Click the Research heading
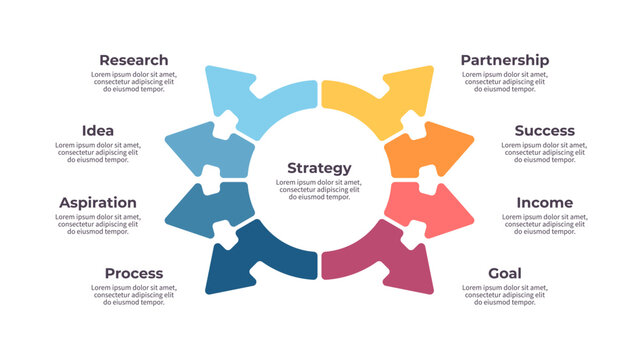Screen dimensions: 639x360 point(134,60)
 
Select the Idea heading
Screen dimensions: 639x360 point(98,131)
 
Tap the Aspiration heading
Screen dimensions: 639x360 point(98,203)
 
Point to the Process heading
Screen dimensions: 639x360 point(134,274)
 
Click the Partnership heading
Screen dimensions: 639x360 point(505,60)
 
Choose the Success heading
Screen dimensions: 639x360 point(544,131)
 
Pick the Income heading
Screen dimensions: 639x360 point(544,203)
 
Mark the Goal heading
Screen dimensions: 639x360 point(505,274)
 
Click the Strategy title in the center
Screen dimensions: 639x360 point(319,168)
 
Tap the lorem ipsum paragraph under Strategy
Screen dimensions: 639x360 point(319,190)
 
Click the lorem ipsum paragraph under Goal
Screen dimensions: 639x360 point(505,295)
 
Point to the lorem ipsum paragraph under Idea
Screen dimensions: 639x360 point(98,152)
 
